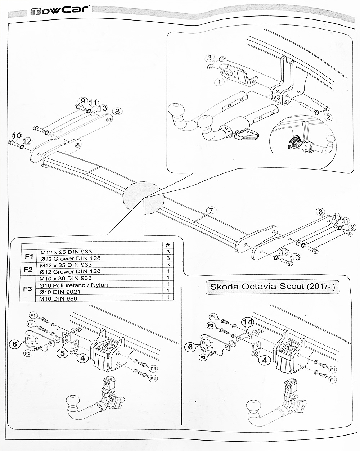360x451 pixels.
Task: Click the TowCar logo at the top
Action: (59, 10)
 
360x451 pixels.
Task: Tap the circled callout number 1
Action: (219, 82)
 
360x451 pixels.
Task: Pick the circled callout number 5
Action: (63, 353)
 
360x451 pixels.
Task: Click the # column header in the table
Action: (167, 245)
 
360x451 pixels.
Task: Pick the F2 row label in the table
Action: (29, 268)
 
